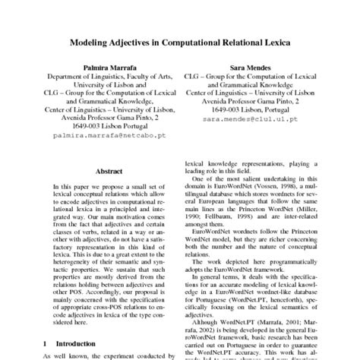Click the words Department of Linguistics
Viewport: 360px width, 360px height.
coord(83,77)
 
